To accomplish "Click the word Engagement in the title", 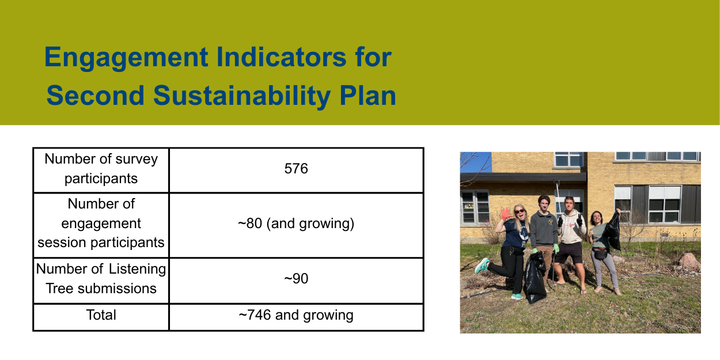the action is click(x=126, y=58).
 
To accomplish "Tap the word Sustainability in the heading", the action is click(x=242, y=96).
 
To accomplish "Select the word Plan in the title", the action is click(x=367, y=96).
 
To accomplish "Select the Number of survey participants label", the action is click(x=101, y=169).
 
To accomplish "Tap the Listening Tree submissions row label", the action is click(x=101, y=279).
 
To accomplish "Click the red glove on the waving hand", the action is click(x=506, y=214).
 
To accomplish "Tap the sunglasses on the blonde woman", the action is click(x=520, y=211).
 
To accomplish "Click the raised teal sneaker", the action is click(x=482, y=266).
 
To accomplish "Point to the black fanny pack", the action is click(x=600, y=253).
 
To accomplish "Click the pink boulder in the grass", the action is click(x=689, y=261).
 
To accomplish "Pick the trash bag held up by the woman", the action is click(x=613, y=231).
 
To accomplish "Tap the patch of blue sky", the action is click(x=476, y=162).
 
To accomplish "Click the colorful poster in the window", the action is click(x=468, y=206).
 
